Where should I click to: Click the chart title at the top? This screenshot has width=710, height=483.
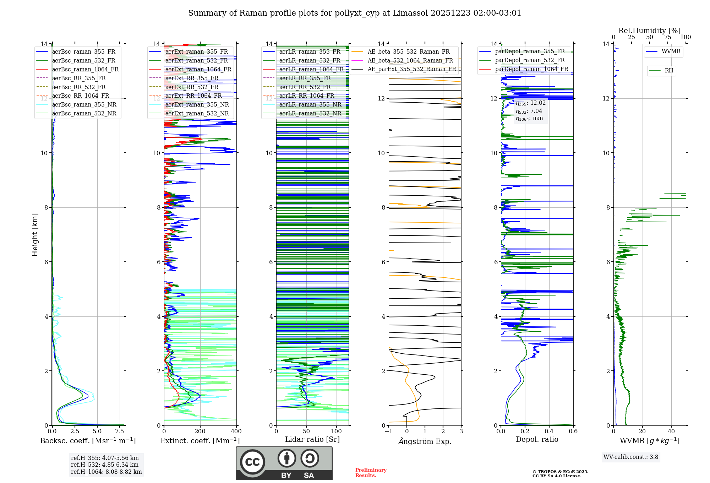pyautogui.click(x=355, y=13)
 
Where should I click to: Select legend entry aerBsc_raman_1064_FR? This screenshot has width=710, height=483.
pyautogui.click(x=85, y=69)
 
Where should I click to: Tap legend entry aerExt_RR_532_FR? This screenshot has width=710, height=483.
pyautogui.click(x=192, y=87)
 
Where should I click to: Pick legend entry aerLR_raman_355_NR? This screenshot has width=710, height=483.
pyautogui.click(x=310, y=104)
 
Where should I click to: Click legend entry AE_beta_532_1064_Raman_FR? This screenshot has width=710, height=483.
pyautogui.click(x=410, y=60)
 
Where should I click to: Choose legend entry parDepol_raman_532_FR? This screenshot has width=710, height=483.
pyautogui.click(x=530, y=60)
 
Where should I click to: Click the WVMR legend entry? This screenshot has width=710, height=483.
pyautogui.click(x=671, y=51)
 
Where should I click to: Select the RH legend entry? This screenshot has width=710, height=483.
pyautogui.click(x=669, y=71)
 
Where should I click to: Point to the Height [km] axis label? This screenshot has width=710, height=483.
pyautogui.click(x=35, y=234)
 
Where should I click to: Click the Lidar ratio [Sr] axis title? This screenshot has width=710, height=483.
pyautogui.click(x=312, y=439)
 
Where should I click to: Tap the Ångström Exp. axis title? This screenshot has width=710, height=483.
pyautogui.click(x=425, y=441)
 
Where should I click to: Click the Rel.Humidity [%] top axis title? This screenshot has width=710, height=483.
pyautogui.click(x=649, y=31)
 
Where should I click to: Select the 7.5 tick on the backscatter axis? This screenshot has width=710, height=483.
pyautogui.click(x=120, y=431)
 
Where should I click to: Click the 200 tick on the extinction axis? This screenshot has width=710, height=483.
pyautogui.click(x=200, y=431)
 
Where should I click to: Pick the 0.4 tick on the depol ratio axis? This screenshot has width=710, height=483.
pyautogui.click(x=549, y=431)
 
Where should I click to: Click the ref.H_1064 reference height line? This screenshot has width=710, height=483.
pyautogui.click(x=106, y=472)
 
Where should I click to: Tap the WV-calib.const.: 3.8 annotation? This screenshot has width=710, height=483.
pyautogui.click(x=631, y=457)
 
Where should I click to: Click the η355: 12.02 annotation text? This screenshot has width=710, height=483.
pyautogui.click(x=531, y=103)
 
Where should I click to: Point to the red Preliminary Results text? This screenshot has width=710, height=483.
pyautogui.click(x=371, y=472)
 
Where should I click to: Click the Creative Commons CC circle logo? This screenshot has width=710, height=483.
pyautogui.click(x=252, y=462)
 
